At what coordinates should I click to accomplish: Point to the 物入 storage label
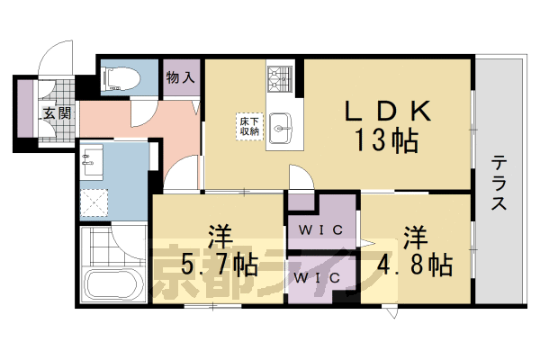[x=180, y=77]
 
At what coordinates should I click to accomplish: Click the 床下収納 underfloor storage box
[x=249, y=126]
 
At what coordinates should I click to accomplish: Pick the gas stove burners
[x=281, y=77]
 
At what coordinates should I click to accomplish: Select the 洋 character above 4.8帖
[x=414, y=236]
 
